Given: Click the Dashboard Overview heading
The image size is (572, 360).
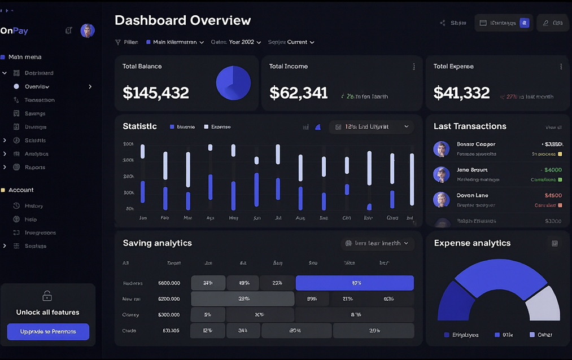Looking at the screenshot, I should coord(182,21).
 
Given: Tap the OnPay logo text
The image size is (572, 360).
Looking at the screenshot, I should coord(14,31).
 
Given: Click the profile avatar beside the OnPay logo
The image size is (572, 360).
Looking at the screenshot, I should coord(88,30).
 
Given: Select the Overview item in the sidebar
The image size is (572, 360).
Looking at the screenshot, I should coord(37,87).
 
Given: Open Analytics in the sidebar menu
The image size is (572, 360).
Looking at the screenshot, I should coord(36,154).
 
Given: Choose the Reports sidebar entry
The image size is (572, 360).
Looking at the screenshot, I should coord(34,168).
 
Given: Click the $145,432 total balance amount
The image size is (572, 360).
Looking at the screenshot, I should coord(156,93).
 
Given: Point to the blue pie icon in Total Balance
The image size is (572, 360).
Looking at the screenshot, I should coord(233,83).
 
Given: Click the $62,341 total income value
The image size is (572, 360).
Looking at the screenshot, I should coord(298,93).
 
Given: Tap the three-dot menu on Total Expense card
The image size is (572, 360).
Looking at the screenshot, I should coord(561,67).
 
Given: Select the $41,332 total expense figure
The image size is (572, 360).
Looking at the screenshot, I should coord(461,93).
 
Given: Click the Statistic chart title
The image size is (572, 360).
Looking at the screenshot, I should coord(139,126).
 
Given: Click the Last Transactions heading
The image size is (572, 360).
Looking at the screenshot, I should coord(470,126).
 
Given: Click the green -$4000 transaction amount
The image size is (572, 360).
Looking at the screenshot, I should coord(551,170).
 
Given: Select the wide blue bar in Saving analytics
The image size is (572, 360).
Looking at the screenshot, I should coord(355,283).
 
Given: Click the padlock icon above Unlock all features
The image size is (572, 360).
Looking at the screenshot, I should coord(47,296).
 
